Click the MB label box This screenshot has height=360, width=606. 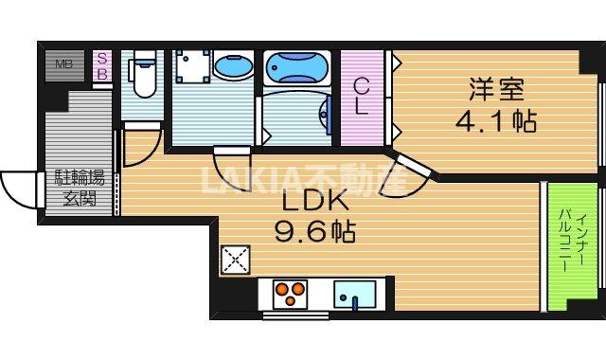64,64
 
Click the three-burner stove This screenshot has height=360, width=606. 291,293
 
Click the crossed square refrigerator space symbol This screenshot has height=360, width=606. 233,260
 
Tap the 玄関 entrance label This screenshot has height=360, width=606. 80,199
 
